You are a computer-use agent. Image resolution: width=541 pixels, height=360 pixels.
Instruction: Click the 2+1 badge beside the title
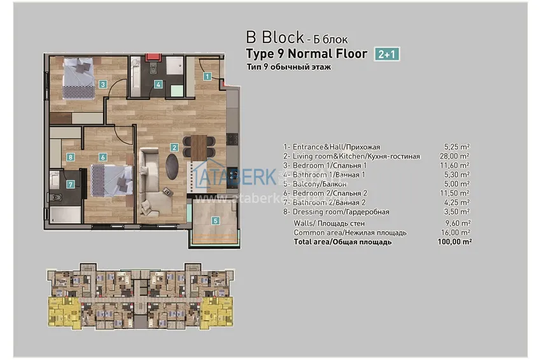pyautogui.click(x=387, y=54)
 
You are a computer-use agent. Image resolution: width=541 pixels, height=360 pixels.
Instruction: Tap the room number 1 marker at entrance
pyautogui.click(x=207, y=76)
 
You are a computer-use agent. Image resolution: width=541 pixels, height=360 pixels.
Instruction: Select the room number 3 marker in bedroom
pyautogui.click(x=102, y=84)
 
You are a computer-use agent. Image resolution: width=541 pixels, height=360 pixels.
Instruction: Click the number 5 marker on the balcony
pyautogui.click(x=216, y=221)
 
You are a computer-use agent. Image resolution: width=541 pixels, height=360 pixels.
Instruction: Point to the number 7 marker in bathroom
pyautogui.click(x=71, y=184)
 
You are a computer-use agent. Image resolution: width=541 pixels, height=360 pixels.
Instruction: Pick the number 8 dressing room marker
pyautogui.click(x=71, y=156)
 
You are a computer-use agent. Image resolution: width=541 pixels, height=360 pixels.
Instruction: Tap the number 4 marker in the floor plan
pyautogui.click(x=158, y=84)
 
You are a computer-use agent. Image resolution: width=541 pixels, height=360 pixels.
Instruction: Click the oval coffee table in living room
pyautogui.click(x=172, y=164)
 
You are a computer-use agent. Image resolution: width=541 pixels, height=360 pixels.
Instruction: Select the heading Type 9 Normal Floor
pyautogui.click(x=306, y=54)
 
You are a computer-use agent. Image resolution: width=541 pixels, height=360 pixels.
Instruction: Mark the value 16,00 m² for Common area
pyautogui.click(x=457, y=233)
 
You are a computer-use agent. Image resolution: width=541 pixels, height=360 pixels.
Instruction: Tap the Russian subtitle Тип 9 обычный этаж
pyautogui.click(x=288, y=67)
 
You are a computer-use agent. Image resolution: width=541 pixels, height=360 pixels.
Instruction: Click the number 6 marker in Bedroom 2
pyautogui.click(x=102, y=156)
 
